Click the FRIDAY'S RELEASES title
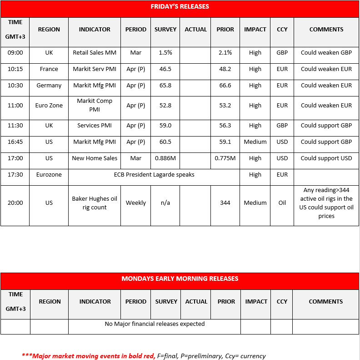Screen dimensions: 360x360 (180, 6)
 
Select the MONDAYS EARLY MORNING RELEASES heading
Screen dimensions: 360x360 (180, 279)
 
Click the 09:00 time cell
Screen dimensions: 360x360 (15, 53)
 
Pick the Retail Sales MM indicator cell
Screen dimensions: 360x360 (95, 53)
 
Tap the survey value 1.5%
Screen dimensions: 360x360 (165, 53)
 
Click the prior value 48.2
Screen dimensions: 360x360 (225, 69)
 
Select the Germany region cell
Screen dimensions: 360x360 (49, 86)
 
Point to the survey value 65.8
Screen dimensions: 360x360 (165, 86)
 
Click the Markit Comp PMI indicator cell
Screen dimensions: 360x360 (95, 105)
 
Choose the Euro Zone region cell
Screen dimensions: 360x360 (49, 106)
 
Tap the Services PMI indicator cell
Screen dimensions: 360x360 (95, 126)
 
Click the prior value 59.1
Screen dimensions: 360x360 (225, 142)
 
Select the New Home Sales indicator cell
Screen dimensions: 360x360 (95, 158)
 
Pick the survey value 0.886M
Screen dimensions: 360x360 (165, 158)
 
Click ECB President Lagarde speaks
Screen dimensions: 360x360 (154, 175)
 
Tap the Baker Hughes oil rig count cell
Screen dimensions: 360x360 (95, 203)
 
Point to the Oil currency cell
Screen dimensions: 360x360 (282, 203)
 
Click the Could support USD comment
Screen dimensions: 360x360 (326, 158)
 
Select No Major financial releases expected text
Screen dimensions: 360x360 (155, 324)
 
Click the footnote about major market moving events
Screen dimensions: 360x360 (144, 356)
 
